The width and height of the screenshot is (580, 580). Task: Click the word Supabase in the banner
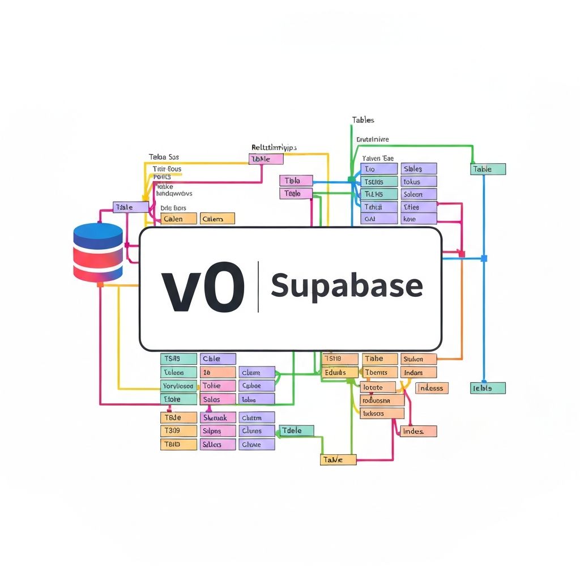[x=347, y=285]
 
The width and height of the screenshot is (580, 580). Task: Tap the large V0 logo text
[x=203, y=287]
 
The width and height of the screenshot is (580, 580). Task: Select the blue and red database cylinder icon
[x=98, y=252]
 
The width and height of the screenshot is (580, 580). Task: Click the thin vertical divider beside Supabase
[x=258, y=287]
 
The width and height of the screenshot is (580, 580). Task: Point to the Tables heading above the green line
[x=363, y=120]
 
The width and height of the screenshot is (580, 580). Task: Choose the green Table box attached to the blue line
[x=488, y=169]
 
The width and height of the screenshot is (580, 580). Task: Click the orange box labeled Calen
[x=179, y=219]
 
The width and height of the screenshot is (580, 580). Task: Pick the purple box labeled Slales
[x=419, y=169]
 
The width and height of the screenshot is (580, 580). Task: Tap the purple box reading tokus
[x=419, y=182]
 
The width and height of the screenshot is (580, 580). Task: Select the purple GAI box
[x=379, y=219]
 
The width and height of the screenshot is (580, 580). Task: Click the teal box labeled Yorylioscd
[x=179, y=386]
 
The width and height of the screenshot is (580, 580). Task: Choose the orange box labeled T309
[x=179, y=430]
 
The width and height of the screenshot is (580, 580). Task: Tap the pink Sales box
[x=218, y=399]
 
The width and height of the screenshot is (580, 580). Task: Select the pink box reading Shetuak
[x=218, y=417]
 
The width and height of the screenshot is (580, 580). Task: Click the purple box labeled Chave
[x=257, y=445]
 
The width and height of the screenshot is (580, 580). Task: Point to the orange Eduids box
[x=340, y=373]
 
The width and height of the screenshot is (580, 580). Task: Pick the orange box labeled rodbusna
[x=382, y=400]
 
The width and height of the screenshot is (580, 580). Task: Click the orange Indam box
[x=419, y=373]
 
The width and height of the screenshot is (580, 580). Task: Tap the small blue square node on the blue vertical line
[x=484, y=258]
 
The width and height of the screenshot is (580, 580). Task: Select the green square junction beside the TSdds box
[x=352, y=180]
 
